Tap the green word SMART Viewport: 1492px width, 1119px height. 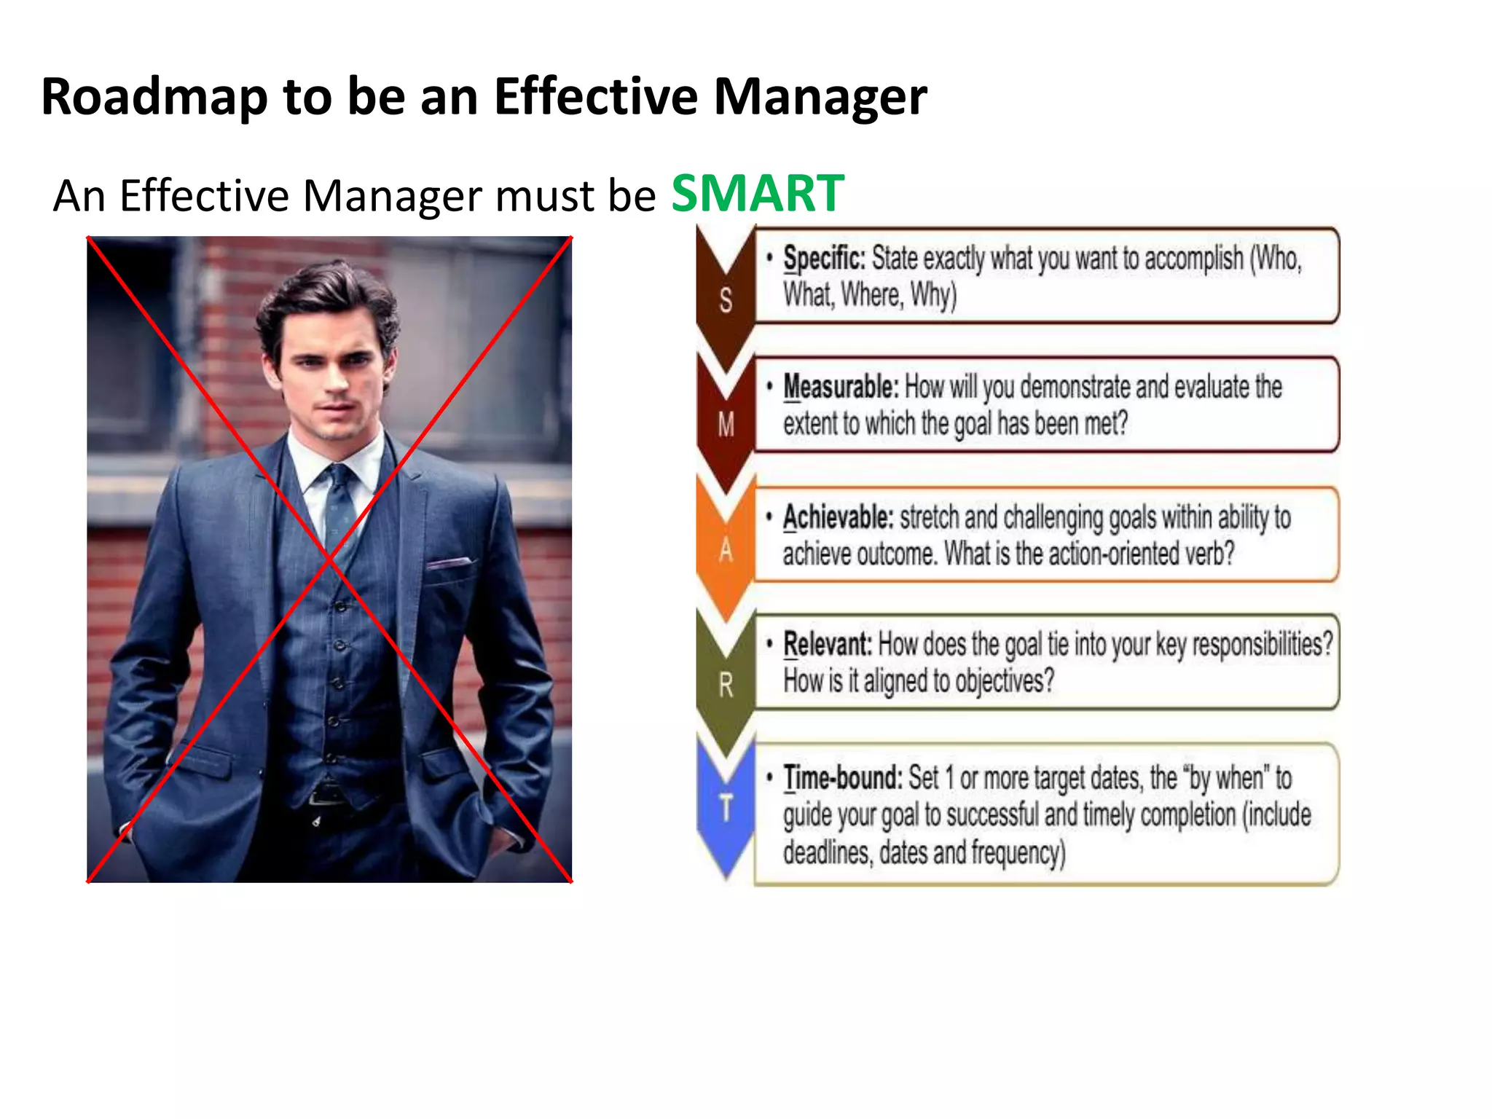[757, 194]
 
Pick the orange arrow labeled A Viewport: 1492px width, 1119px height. [726, 550]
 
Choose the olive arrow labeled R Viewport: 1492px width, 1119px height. [726, 684]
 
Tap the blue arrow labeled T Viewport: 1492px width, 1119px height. [726, 809]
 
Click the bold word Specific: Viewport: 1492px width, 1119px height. [824, 259]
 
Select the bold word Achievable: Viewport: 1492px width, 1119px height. [838, 517]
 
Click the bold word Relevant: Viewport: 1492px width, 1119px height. [828, 645]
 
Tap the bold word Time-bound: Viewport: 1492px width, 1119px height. [843, 778]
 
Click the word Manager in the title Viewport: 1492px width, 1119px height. [820, 97]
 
